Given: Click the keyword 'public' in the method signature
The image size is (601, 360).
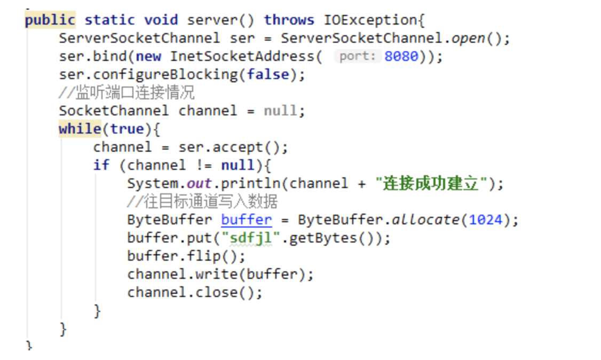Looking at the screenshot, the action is [x=50, y=20].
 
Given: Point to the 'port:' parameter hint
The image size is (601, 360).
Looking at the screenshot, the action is [x=358, y=56].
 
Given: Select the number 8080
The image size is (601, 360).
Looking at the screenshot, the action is [x=401, y=56].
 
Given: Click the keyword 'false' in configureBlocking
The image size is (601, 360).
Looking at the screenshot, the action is [x=268, y=74].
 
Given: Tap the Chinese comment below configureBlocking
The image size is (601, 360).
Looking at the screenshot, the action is [x=126, y=93].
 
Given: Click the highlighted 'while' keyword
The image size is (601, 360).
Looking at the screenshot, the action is [x=80, y=129].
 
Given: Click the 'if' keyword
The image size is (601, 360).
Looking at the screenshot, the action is [x=101, y=165].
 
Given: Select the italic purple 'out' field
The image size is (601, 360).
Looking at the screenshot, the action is [x=200, y=183].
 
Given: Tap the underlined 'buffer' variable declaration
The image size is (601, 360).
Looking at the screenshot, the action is [x=246, y=220].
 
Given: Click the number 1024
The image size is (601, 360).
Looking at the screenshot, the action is [x=486, y=220].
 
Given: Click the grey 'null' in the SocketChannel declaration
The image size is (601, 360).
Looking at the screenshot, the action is [x=281, y=111].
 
